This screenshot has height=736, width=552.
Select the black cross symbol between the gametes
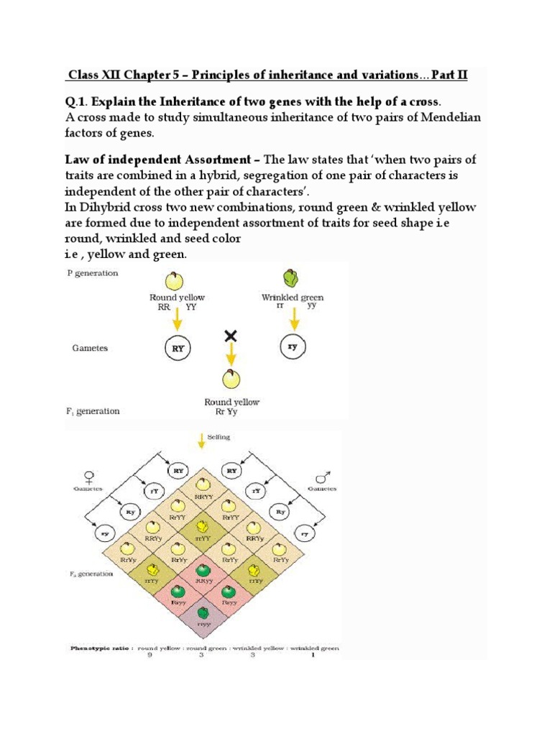click(231, 336)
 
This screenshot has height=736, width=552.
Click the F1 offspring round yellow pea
click(231, 379)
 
